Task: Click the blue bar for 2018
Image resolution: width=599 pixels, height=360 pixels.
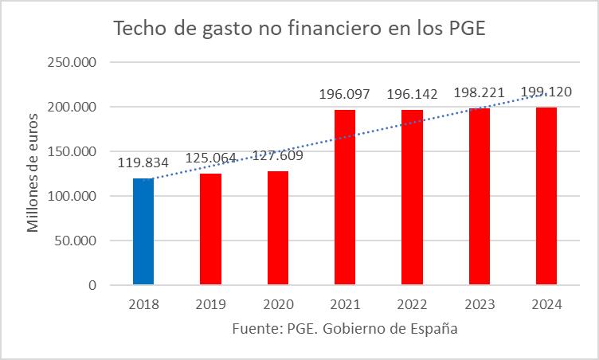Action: click(143, 231)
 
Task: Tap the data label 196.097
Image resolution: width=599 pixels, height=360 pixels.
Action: click(345, 95)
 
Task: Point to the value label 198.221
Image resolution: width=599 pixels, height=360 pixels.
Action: click(480, 93)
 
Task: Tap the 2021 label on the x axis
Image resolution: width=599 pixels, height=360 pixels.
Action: click(345, 304)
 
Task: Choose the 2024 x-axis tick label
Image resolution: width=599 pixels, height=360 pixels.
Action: click(546, 304)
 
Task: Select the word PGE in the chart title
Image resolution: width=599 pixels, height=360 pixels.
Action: click(460, 29)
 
